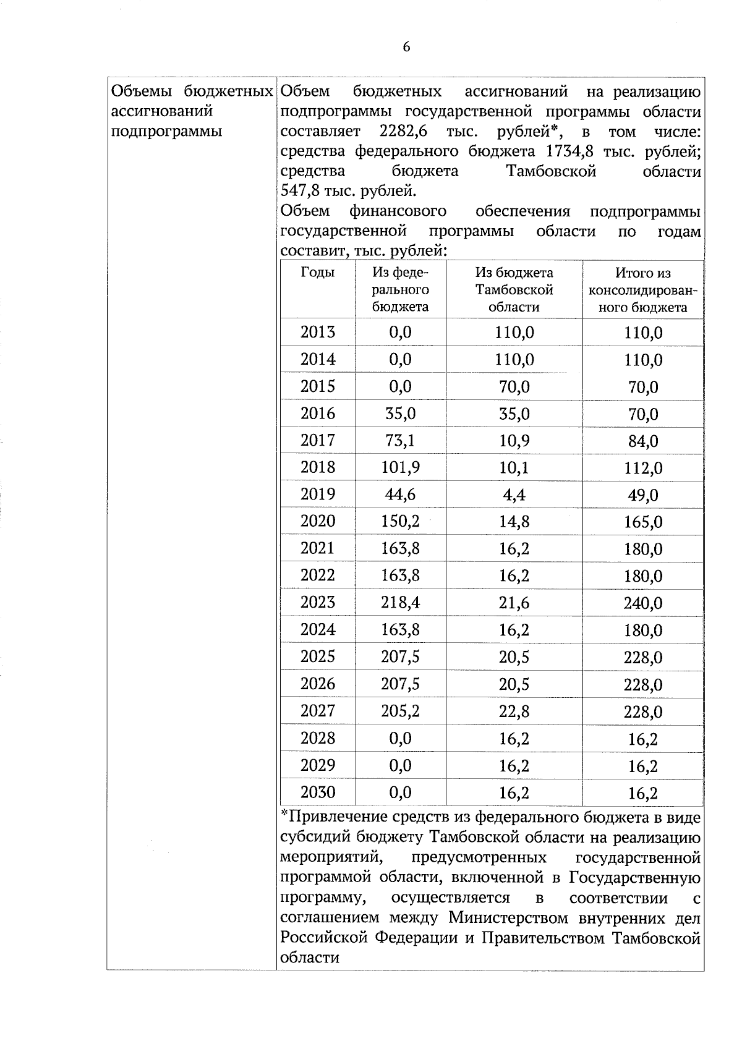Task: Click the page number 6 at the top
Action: point(406,48)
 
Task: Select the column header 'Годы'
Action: point(318,273)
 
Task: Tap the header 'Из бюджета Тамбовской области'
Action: point(514,290)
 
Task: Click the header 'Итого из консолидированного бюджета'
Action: point(643,290)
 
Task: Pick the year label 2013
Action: point(318,333)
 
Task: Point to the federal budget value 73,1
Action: point(400,441)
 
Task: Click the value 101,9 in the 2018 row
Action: point(400,468)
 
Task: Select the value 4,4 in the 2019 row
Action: point(514,495)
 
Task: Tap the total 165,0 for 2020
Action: point(643,522)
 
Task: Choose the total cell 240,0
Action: point(643,603)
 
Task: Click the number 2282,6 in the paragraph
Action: point(404,132)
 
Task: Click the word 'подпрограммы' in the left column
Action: point(166,132)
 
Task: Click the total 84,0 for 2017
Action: point(643,441)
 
